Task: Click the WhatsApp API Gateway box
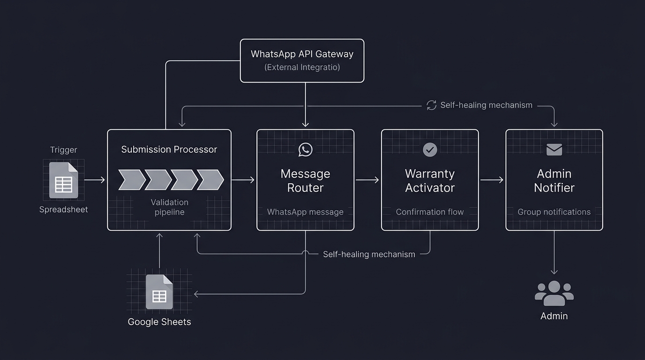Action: pos(302,60)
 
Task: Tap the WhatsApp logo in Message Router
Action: pos(305,150)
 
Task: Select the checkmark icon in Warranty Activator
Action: pos(430,150)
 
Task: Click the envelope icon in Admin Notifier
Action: pos(554,150)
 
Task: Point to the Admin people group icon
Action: pos(554,293)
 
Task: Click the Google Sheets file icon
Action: pos(159,292)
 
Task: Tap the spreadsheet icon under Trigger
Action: pos(63,180)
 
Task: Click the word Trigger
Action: pos(63,150)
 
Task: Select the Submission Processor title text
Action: pos(169,150)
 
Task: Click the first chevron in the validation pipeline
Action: pos(131,180)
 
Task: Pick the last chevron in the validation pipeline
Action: pos(210,180)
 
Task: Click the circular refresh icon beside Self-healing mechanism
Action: pos(431,105)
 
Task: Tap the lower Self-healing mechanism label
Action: pos(369,255)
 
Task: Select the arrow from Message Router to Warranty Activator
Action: pos(367,180)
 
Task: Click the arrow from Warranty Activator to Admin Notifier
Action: pos(492,180)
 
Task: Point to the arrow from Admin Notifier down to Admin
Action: pos(554,253)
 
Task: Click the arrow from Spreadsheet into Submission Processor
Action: pos(95,180)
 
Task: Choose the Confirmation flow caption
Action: pos(430,212)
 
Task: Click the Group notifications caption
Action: pos(554,212)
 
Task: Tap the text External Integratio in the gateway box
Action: pos(302,67)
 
